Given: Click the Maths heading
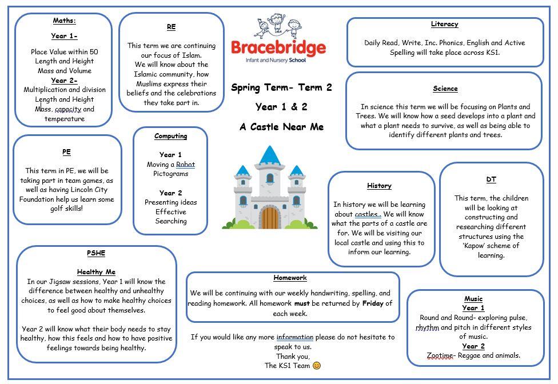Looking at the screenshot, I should click(64, 21).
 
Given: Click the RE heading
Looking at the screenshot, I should click(171, 27).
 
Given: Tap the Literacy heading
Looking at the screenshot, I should click(444, 24).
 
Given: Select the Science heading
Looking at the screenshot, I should click(445, 89).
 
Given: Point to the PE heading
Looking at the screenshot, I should click(67, 152).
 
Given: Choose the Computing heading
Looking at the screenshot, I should click(170, 136).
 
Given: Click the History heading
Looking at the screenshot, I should click(379, 186).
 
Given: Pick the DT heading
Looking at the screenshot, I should click(491, 179).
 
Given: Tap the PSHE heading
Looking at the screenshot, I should click(96, 253).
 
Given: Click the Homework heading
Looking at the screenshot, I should click(290, 278).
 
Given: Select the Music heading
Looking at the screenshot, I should click(473, 298).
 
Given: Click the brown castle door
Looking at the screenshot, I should click(270, 217).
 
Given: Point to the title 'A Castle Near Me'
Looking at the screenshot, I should click(281, 127).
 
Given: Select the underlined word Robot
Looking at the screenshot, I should click(185, 165).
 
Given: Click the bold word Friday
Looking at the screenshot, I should click(373, 303).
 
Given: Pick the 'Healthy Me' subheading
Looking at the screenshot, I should click(96, 272).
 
